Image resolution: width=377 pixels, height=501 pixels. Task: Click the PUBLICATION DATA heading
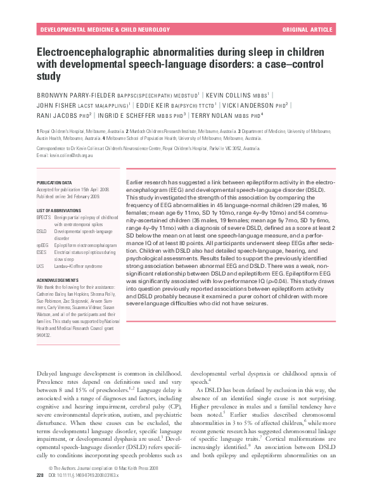pyautogui.click(x=54, y=181)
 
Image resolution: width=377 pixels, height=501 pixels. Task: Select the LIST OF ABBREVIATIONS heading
pyautogui.click(x=60, y=210)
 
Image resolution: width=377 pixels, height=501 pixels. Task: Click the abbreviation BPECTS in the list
pyautogui.click(x=44, y=217)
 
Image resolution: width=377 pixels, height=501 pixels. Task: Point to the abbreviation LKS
pyautogui.click(x=41, y=266)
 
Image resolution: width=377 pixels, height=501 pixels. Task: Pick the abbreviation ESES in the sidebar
pyautogui.click(x=42, y=252)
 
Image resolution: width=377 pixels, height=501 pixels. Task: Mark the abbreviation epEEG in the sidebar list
pyautogui.click(x=43, y=244)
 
